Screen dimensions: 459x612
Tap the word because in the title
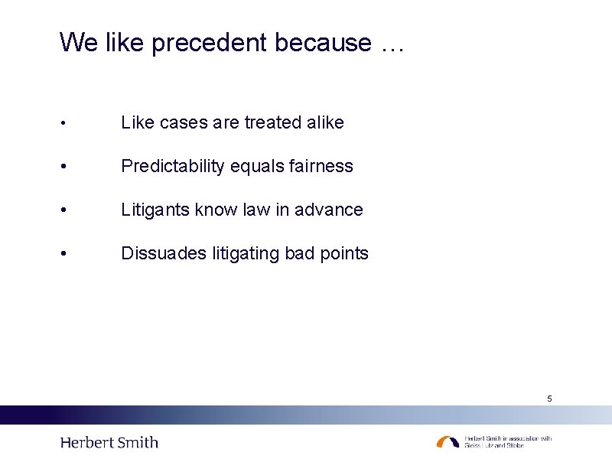(323, 43)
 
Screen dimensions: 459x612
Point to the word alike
(326, 122)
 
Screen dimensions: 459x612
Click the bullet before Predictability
(67, 167)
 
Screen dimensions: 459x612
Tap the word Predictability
(175, 166)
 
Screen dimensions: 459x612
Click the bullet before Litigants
(67, 210)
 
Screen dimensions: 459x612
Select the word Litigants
(155, 210)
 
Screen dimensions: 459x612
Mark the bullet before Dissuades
(67, 254)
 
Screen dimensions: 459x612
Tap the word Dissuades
(161, 253)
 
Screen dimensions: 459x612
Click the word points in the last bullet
(343, 253)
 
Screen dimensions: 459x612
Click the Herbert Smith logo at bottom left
(109, 442)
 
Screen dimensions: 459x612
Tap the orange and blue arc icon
(448, 442)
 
